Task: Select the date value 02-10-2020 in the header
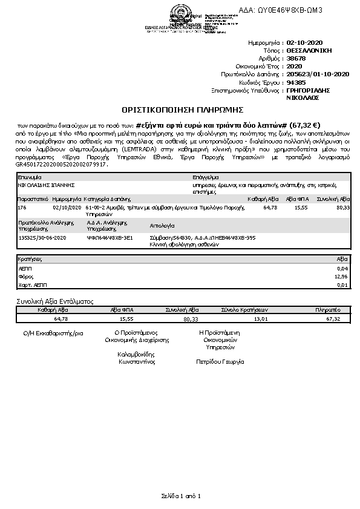click(x=305, y=44)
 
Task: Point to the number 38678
click(x=296, y=59)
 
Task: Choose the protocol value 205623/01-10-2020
click(x=318, y=74)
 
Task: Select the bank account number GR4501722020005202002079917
click(x=61, y=164)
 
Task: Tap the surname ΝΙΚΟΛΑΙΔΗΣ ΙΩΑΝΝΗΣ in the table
click(x=42, y=184)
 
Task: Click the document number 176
click(x=22, y=207)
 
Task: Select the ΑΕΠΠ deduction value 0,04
click(x=343, y=268)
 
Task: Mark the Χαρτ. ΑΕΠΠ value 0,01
click(x=343, y=284)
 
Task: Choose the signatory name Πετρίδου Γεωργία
click(x=220, y=361)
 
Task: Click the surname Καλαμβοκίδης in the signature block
click(x=137, y=353)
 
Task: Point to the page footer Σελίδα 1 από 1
click(x=180, y=496)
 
